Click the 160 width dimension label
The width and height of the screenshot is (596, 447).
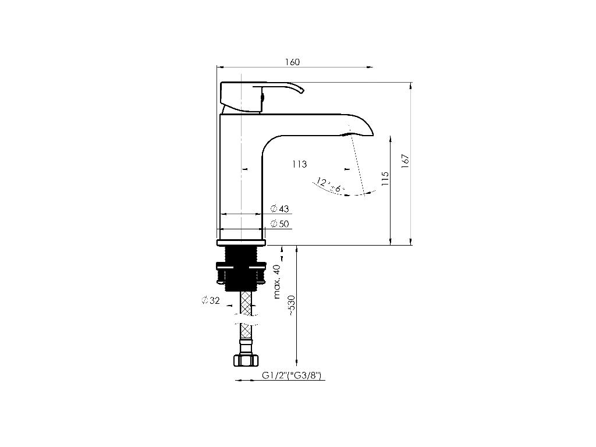[x=292, y=62]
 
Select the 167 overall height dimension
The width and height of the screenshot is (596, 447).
[x=405, y=161]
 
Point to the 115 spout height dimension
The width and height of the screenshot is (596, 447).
[x=385, y=179]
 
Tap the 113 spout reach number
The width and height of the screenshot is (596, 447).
[x=300, y=164]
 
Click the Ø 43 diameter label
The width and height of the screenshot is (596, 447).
[x=280, y=209]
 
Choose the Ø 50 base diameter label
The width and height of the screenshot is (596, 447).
[x=280, y=224]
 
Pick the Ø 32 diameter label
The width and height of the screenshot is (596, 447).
[x=211, y=300]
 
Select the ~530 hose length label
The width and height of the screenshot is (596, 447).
[x=291, y=306]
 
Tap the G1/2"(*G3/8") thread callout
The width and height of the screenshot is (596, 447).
[x=292, y=375]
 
